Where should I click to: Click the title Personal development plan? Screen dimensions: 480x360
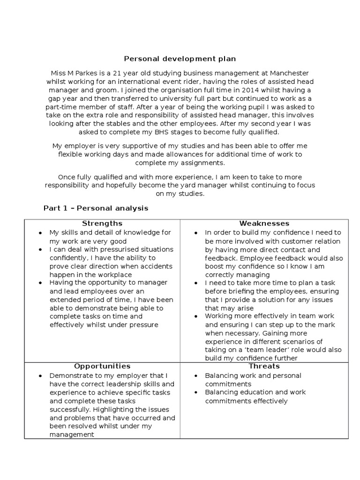(180, 59)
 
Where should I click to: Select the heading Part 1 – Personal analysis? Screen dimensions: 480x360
(96, 208)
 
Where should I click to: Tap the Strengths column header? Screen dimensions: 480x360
(102, 223)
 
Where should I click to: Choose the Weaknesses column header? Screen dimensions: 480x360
(264, 223)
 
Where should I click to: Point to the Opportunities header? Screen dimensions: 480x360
(102, 366)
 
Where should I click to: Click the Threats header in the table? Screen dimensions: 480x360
(264, 366)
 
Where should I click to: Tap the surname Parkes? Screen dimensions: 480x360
(81, 73)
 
